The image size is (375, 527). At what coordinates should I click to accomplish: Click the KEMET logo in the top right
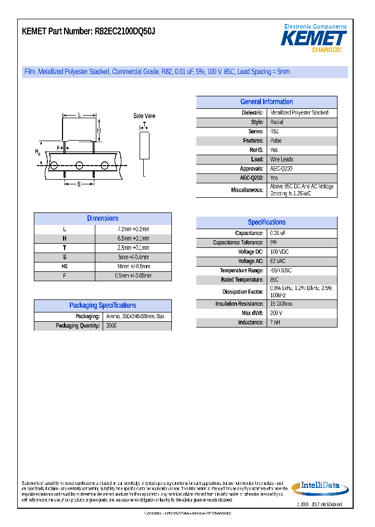(x=314, y=39)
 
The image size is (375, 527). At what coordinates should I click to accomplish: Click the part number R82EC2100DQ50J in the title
(x=124, y=32)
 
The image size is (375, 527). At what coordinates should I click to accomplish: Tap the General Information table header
(x=267, y=102)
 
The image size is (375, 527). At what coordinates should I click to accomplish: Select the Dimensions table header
(x=103, y=219)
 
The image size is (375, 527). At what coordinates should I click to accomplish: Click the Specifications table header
(x=267, y=222)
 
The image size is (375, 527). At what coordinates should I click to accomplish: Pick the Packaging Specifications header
(x=103, y=306)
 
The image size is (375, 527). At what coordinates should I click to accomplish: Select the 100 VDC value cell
(x=279, y=252)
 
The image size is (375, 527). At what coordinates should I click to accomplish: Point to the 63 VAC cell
(x=278, y=261)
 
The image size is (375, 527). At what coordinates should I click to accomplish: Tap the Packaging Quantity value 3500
(x=111, y=326)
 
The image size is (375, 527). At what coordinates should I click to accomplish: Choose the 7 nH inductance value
(x=275, y=323)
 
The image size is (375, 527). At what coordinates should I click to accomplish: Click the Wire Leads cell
(x=282, y=160)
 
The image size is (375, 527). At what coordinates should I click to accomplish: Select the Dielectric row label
(x=252, y=113)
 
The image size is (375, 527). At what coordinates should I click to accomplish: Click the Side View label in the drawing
(x=144, y=116)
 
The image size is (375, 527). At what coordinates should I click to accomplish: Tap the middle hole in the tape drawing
(x=79, y=166)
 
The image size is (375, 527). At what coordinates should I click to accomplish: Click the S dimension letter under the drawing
(x=79, y=184)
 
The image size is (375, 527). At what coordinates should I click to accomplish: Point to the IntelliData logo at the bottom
(x=316, y=487)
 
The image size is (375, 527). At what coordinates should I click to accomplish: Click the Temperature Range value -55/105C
(x=281, y=271)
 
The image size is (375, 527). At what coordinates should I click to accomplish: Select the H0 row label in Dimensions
(x=65, y=267)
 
